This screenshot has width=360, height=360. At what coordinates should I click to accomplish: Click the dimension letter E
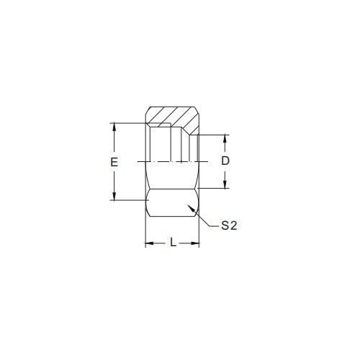click(114, 162)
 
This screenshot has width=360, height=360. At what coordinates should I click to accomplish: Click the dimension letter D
click(225, 161)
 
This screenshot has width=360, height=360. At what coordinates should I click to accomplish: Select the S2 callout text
click(229, 225)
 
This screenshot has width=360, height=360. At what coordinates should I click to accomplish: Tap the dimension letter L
click(173, 243)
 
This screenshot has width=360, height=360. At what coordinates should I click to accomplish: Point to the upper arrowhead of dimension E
click(114, 127)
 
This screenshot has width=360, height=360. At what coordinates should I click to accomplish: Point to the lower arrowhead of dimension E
click(114, 196)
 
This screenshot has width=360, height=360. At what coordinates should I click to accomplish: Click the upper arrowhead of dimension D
click(225, 139)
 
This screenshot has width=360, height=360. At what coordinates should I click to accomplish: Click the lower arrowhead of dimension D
click(225, 184)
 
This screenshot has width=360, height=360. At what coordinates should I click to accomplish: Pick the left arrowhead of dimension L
click(150, 243)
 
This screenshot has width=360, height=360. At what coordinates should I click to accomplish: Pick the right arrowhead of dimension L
click(195, 243)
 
